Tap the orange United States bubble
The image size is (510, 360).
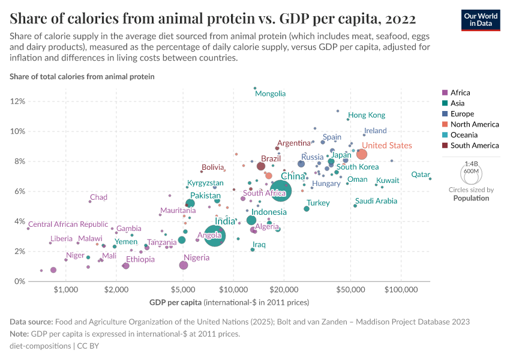[362, 154]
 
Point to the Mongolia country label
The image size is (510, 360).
[270, 94]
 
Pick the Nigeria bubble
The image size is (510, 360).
[184, 265]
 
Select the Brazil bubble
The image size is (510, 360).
[261, 166]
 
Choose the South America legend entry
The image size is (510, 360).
[474, 145]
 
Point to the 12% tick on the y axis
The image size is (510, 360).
[17, 101]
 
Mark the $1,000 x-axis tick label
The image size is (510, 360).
[66, 289]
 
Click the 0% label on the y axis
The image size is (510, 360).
[19, 281]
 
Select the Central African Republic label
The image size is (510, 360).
[68, 224]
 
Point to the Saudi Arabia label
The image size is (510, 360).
[376, 201]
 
